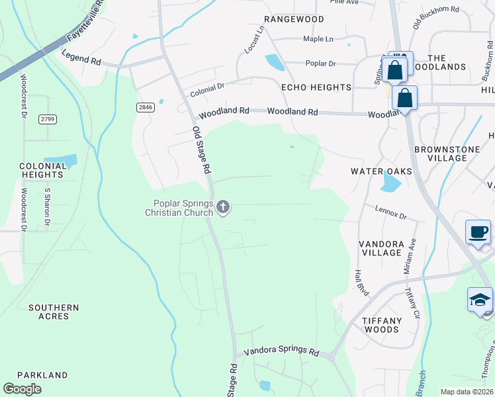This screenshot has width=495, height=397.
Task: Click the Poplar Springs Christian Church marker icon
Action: click(223, 208)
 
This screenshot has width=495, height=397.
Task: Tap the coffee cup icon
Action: click(478, 232)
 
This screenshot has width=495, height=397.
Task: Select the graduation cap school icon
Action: click(480, 300)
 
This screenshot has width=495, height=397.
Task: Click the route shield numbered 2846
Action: click(145, 107)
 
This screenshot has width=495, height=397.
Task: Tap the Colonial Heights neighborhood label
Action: click(41, 171)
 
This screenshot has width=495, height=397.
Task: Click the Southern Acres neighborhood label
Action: click(54, 312)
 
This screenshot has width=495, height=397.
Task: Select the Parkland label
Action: click(42, 375)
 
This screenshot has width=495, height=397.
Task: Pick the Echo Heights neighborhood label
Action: click(316, 87)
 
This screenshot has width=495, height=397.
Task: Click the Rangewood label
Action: click(294, 19)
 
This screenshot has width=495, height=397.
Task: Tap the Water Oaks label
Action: click(381, 171)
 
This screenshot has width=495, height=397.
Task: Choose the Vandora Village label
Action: click(381, 248)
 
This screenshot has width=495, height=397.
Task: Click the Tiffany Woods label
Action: click(382, 325)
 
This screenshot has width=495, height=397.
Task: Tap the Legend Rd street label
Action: click(81, 60)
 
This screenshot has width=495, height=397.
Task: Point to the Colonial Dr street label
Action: click(208, 89)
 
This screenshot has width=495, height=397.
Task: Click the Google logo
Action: click(22, 389)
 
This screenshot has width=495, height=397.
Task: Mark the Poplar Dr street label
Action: click(321, 64)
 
